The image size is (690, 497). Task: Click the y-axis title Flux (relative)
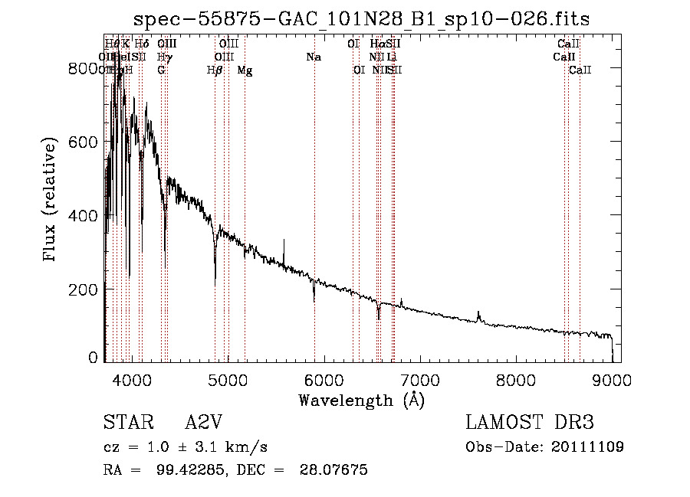coord(51,201)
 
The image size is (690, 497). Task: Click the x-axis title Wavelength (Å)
coord(361,400)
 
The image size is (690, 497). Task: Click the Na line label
coord(313,57)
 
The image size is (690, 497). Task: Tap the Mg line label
coord(245,70)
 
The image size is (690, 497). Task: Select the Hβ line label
coord(215,70)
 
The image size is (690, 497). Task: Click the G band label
coord(161,70)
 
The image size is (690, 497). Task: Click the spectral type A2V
coord(202,423)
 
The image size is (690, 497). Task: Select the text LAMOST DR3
coord(529,423)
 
